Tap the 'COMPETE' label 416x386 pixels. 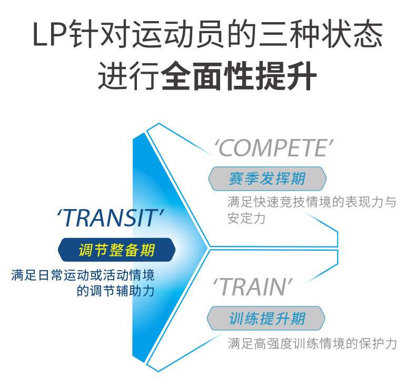(x=274, y=148)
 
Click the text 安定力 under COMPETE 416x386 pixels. (x=246, y=218)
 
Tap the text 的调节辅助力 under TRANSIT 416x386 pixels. (x=115, y=290)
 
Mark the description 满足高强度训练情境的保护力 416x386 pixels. (x=312, y=344)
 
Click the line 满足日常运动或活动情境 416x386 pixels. (x=86, y=275)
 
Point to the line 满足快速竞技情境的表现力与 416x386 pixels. (x=312, y=202)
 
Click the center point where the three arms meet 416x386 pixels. (x=210, y=247)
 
